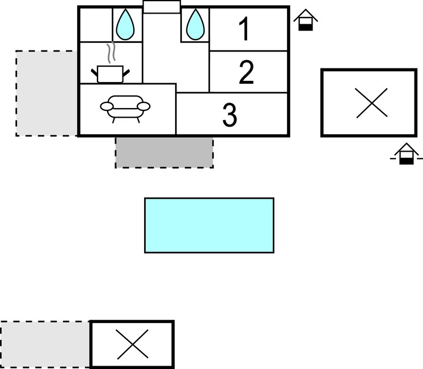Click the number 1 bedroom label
click(244, 29)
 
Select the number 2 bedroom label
click(246, 72)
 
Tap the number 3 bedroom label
click(230, 115)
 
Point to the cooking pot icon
click(110, 74)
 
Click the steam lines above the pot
click(111, 52)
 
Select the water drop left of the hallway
click(125, 24)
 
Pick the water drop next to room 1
click(195, 24)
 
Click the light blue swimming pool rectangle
click(209, 225)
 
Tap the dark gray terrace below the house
click(164, 153)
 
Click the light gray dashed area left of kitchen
click(46, 93)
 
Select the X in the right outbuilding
click(372, 103)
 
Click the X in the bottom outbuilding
click(133, 344)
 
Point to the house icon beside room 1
click(306, 20)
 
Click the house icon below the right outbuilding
click(407, 153)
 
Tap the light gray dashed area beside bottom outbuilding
click(45, 344)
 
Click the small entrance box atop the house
click(162, 7)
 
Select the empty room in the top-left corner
click(96, 25)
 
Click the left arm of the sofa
click(107, 106)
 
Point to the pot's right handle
click(126, 72)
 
